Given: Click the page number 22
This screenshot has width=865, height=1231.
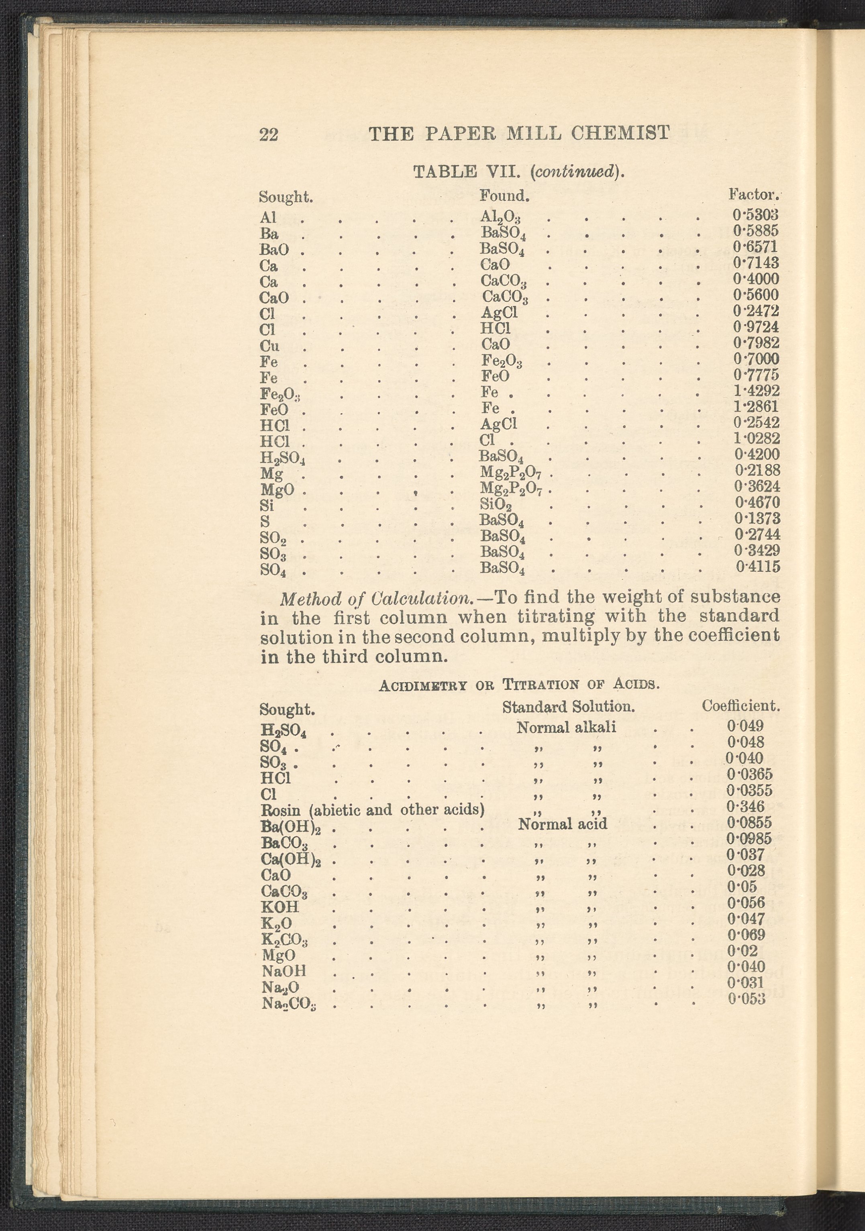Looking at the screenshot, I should pos(269,134).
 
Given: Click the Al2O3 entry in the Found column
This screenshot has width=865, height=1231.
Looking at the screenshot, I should pos(501,217).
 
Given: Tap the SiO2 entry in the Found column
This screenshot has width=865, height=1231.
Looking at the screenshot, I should pos(496,504).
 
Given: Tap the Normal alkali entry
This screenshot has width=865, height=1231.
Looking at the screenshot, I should pos(566,728).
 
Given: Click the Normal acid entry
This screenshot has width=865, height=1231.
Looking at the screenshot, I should pos(563,823).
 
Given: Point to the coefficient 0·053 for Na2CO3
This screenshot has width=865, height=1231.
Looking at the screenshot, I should pos(746,999).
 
